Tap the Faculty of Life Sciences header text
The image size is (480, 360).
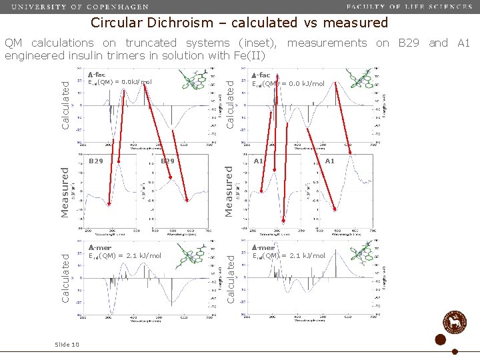tap(409, 7)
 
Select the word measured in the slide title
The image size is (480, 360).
tap(357, 23)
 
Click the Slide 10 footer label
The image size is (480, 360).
tap(67, 344)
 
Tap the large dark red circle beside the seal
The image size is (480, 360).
tap(440, 339)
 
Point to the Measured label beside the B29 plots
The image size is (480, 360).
tap(65, 191)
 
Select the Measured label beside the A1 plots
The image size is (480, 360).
tap(229, 191)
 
